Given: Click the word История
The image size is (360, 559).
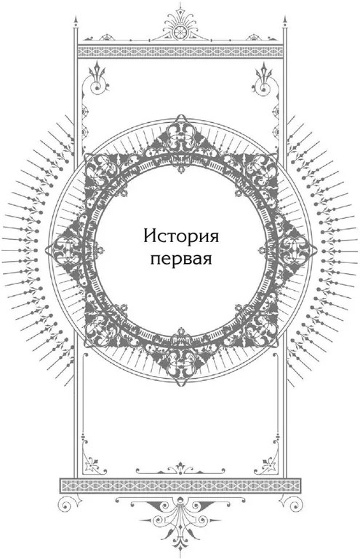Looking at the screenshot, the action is click(181, 236).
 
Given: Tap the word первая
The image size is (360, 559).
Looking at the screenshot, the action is click(181, 258).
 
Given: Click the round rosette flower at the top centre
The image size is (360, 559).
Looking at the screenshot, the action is click(180, 31).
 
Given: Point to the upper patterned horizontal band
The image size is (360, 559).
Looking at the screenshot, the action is click(180, 52).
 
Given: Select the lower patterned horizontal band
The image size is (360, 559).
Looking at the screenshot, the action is click(180, 486).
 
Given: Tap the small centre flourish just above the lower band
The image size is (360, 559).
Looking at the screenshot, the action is click(180, 467).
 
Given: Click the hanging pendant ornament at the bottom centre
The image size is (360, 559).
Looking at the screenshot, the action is click(180, 528).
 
